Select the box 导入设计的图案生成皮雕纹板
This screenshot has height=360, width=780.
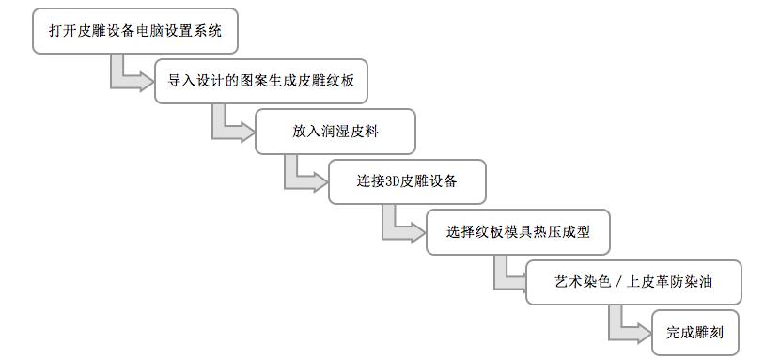(255, 82)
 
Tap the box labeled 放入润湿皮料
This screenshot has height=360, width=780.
(334, 132)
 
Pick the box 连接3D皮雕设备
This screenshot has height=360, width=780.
(406, 181)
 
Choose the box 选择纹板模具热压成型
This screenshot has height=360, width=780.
(517, 231)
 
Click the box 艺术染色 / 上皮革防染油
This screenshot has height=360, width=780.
(633, 282)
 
